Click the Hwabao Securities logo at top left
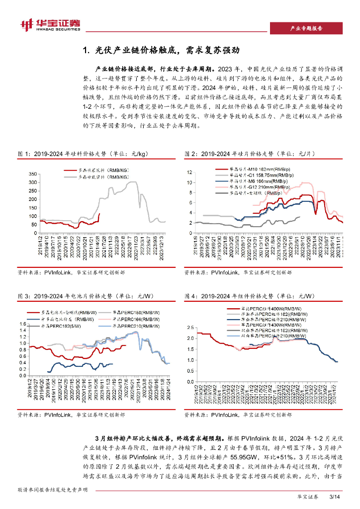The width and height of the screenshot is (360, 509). click(50, 24)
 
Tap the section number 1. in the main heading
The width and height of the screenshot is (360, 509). click(86, 51)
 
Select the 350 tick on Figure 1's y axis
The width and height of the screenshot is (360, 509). click(33, 174)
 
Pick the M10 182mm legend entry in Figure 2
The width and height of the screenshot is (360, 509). click(258, 171)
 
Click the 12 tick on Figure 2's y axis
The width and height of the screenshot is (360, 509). click(189, 172)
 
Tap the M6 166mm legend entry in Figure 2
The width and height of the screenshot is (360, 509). click(256, 182)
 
